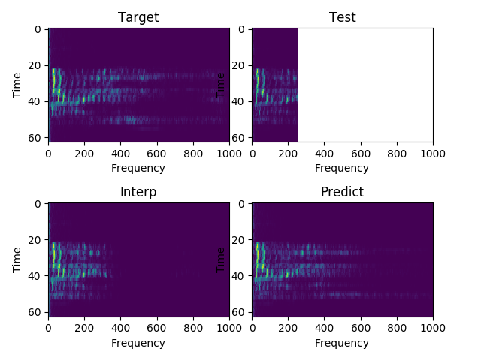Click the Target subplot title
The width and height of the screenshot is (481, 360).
point(138,18)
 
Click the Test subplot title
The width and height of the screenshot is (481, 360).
point(342,18)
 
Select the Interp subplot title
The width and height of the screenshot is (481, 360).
point(138,193)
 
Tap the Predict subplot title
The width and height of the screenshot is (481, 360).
point(342,193)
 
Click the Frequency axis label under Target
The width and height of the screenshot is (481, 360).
point(138,168)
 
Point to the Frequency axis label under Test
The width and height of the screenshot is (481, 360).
point(342,168)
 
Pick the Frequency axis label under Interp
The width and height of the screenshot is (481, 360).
point(138,343)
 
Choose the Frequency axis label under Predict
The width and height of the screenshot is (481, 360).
point(342,343)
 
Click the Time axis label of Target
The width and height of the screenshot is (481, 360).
point(17,85)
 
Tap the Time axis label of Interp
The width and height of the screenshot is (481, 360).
point(17,259)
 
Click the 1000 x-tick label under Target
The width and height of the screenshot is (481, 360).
point(228,154)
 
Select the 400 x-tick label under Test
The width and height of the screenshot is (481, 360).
point(324,154)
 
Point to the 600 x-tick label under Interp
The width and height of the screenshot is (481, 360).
point(157,328)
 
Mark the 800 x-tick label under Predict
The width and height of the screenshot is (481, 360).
point(397,328)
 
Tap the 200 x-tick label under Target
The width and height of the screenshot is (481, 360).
point(84,154)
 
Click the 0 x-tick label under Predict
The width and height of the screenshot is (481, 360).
point(252,328)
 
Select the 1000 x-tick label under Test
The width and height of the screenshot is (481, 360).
point(433,154)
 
